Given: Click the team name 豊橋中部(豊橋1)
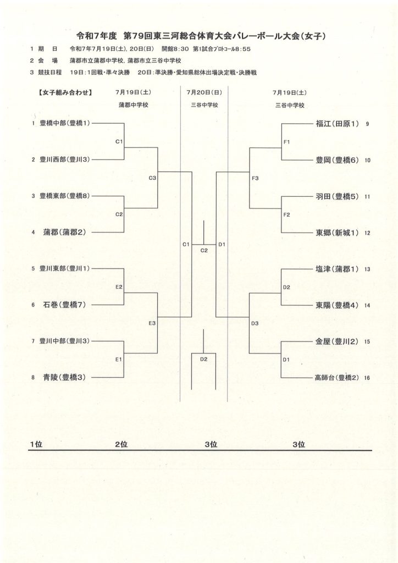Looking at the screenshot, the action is pyautogui.click(x=65, y=123).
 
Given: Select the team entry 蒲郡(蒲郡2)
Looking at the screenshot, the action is pyautogui.click(x=65, y=233).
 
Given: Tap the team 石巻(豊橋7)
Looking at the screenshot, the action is pyautogui.click(x=65, y=305).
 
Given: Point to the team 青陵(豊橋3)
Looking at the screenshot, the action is pyautogui.click(x=65, y=377).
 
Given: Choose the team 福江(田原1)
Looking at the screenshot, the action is pyautogui.click(x=337, y=124).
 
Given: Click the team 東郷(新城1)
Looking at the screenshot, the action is pyautogui.click(x=337, y=233).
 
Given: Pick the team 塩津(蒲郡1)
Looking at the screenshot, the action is pyautogui.click(x=337, y=269).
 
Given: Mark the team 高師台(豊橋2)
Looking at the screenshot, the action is pyautogui.click(x=336, y=378).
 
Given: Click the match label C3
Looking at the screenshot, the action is pyautogui.click(x=152, y=178).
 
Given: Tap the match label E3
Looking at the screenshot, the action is pyautogui.click(x=152, y=323).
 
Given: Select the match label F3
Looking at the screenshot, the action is pyautogui.click(x=255, y=178).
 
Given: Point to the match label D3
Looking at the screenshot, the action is pyautogui.click(x=255, y=323).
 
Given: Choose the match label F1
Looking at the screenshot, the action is pyautogui.click(x=286, y=142).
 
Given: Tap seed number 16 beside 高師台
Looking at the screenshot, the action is pyautogui.click(x=367, y=378).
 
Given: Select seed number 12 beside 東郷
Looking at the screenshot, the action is pyautogui.click(x=367, y=233).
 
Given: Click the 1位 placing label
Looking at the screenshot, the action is pyautogui.click(x=36, y=444).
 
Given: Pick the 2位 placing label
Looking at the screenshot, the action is pyautogui.click(x=121, y=444).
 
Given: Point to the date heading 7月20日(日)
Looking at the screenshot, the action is pyautogui.click(x=204, y=92).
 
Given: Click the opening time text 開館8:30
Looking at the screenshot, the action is pyautogui.click(x=175, y=49).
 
